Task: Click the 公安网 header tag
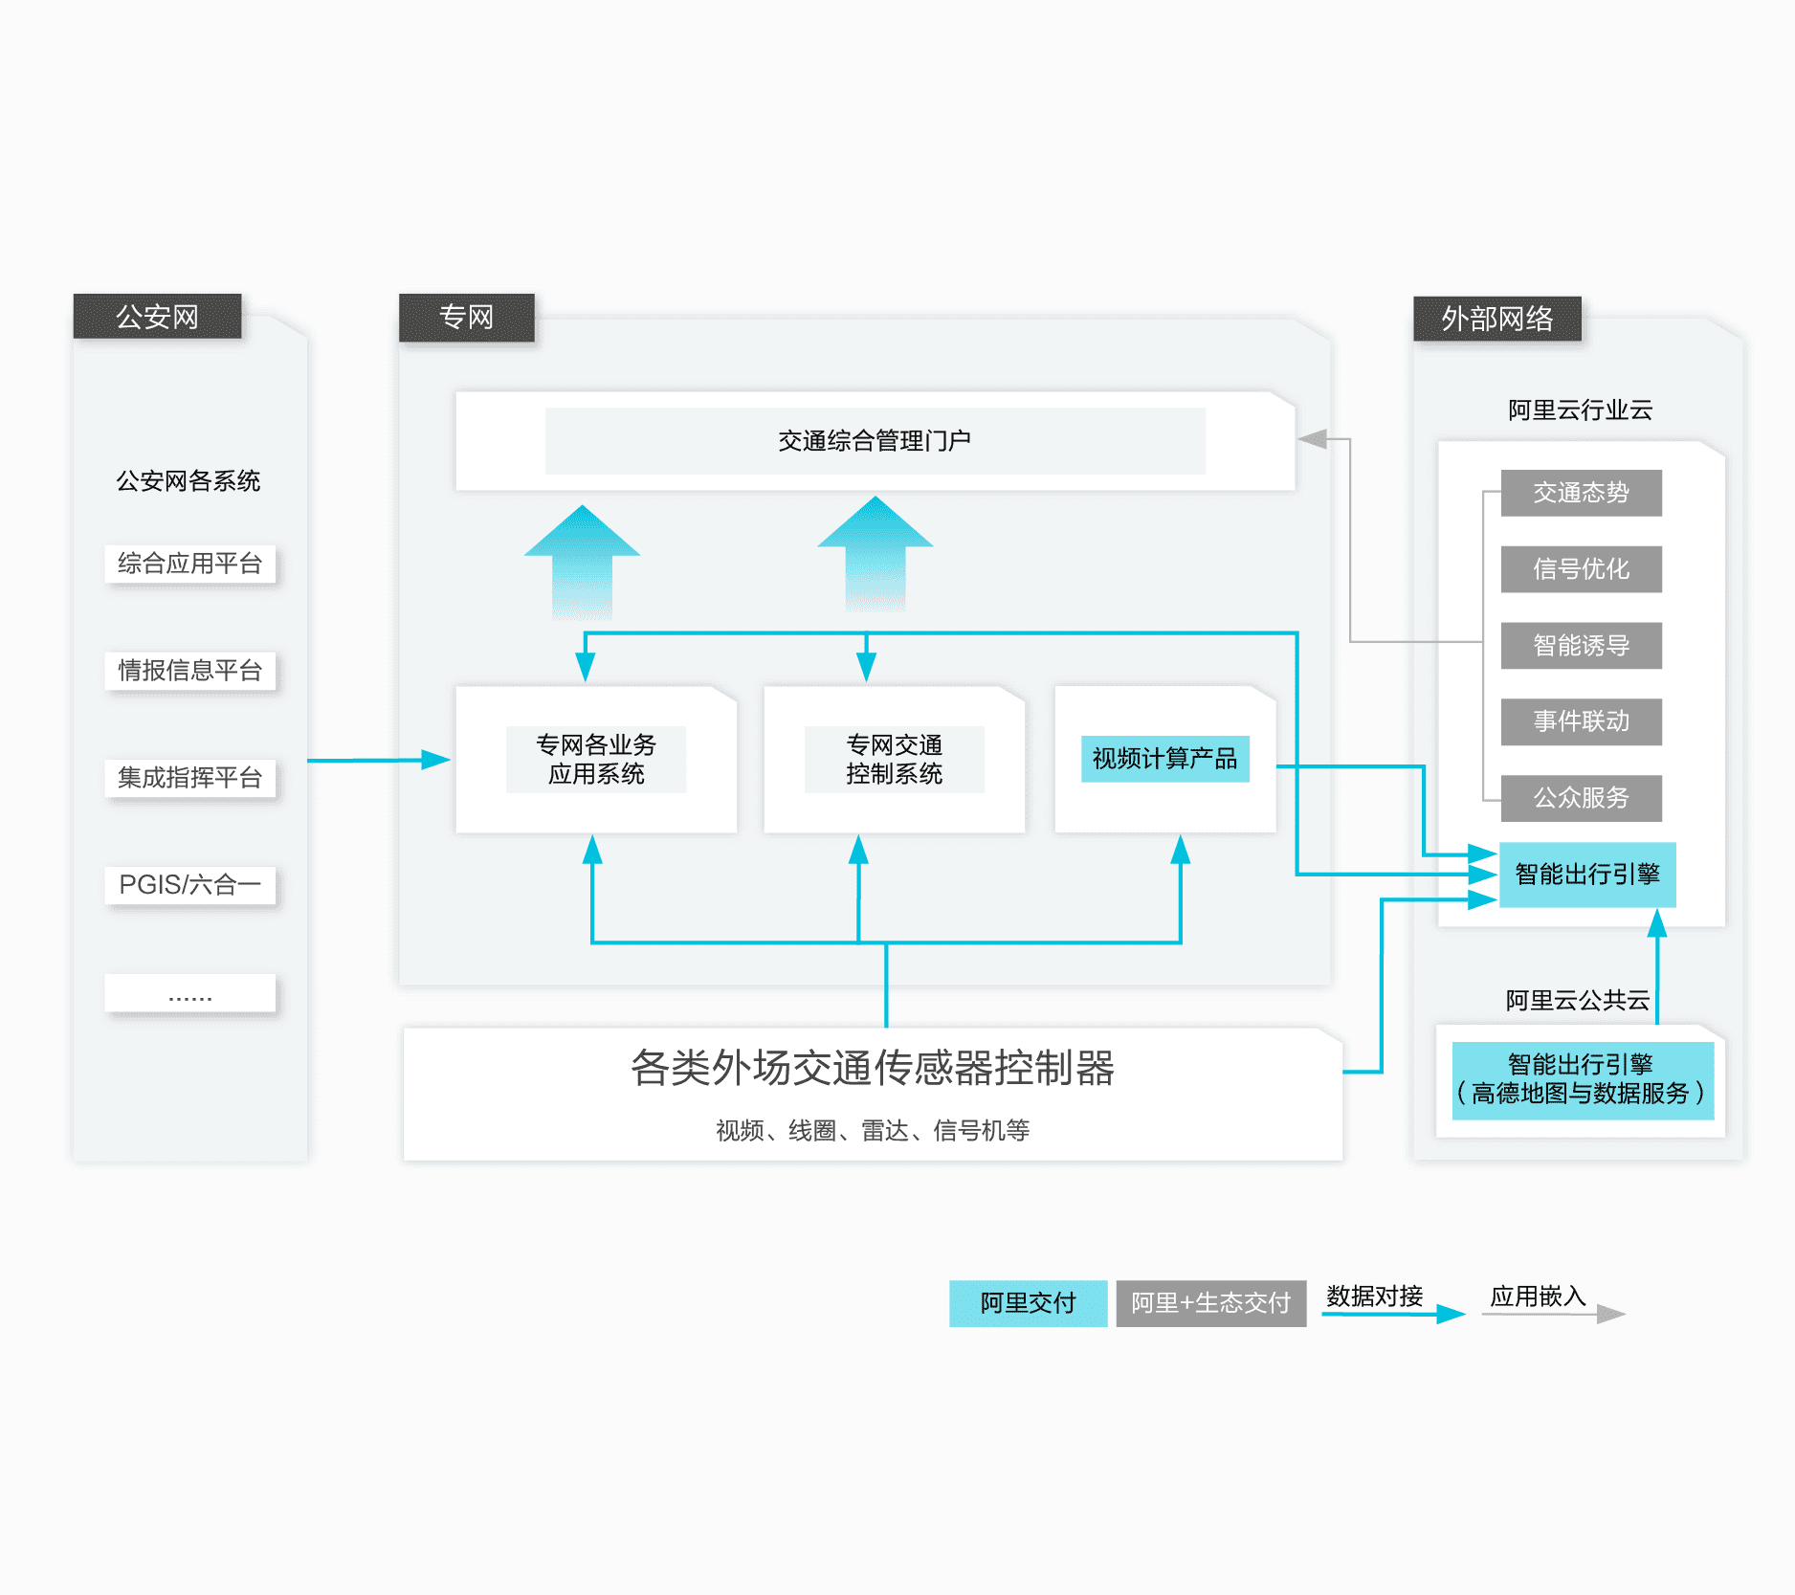pyautogui.click(x=157, y=317)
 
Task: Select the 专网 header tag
pyautogui.click(x=466, y=317)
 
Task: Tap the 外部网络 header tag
pyautogui.click(x=1496, y=319)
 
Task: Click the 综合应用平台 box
pyautogui.click(x=189, y=564)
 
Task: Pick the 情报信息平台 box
pyautogui.click(x=189, y=671)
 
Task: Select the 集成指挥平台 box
pyautogui.click(x=189, y=778)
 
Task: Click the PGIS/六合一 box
pyautogui.click(x=189, y=885)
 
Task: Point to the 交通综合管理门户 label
pyautogui.click(x=875, y=441)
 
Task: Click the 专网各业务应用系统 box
pyautogui.click(x=596, y=760)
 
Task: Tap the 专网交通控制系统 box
pyautogui.click(x=894, y=760)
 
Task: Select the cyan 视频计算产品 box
pyautogui.click(x=1164, y=759)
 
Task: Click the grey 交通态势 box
pyautogui.click(x=1581, y=493)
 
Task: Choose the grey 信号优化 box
pyautogui.click(x=1581, y=569)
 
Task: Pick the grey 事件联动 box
pyautogui.click(x=1581, y=721)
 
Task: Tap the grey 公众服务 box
pyautogui.click(x=1581, y=798)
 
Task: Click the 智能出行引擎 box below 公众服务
pyautogui.click(x=1587, y=875)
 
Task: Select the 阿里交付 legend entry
pyautogui.click(x=1028, y=1303)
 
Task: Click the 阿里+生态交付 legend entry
pyautogui.click(x=1210, y=1303)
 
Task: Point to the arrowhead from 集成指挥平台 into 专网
pyautogui.click(x=436, y=760)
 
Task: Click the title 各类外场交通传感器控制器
pyautogui.click(x=873, y=1068)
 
